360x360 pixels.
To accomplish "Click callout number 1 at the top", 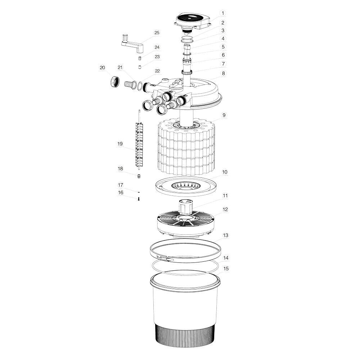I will (x=223, y=13).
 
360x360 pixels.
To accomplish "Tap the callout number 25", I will (x=157, y=33).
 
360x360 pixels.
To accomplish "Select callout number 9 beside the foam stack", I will (x=224, y=115).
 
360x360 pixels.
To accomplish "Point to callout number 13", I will (x=226, y=235).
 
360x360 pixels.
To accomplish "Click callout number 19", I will (x=120, y=144).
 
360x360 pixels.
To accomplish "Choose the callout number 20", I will (x=103, y=68).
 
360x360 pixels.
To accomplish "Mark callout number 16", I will (x=121, y=193).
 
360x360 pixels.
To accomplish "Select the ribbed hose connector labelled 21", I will (x=129, y=85).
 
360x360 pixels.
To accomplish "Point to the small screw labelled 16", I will (x=139, y=198).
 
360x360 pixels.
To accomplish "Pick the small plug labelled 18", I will (x=139, y=176).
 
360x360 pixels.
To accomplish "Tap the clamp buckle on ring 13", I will (x=166, y=258).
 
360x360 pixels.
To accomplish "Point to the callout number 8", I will (x=223, y=73).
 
